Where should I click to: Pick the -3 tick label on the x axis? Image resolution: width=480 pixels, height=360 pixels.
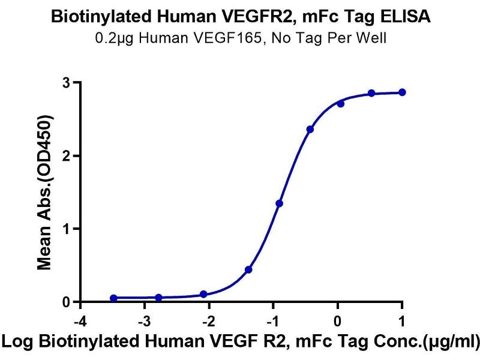[144, 319]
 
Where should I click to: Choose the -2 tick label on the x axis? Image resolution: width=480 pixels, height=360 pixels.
[208, 319]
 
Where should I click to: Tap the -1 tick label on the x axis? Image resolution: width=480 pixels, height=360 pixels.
[272, 319]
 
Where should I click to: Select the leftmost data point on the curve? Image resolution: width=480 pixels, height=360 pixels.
[114, 298]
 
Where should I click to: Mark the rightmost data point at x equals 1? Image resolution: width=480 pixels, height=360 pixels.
[402, 92]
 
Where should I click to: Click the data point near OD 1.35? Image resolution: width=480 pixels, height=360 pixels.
[280, 203]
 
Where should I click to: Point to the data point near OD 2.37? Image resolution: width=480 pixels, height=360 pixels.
[310, 129]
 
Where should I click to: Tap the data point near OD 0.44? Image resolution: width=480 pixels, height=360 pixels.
[248, 269]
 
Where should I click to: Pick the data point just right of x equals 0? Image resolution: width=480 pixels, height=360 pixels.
[341, 103]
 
